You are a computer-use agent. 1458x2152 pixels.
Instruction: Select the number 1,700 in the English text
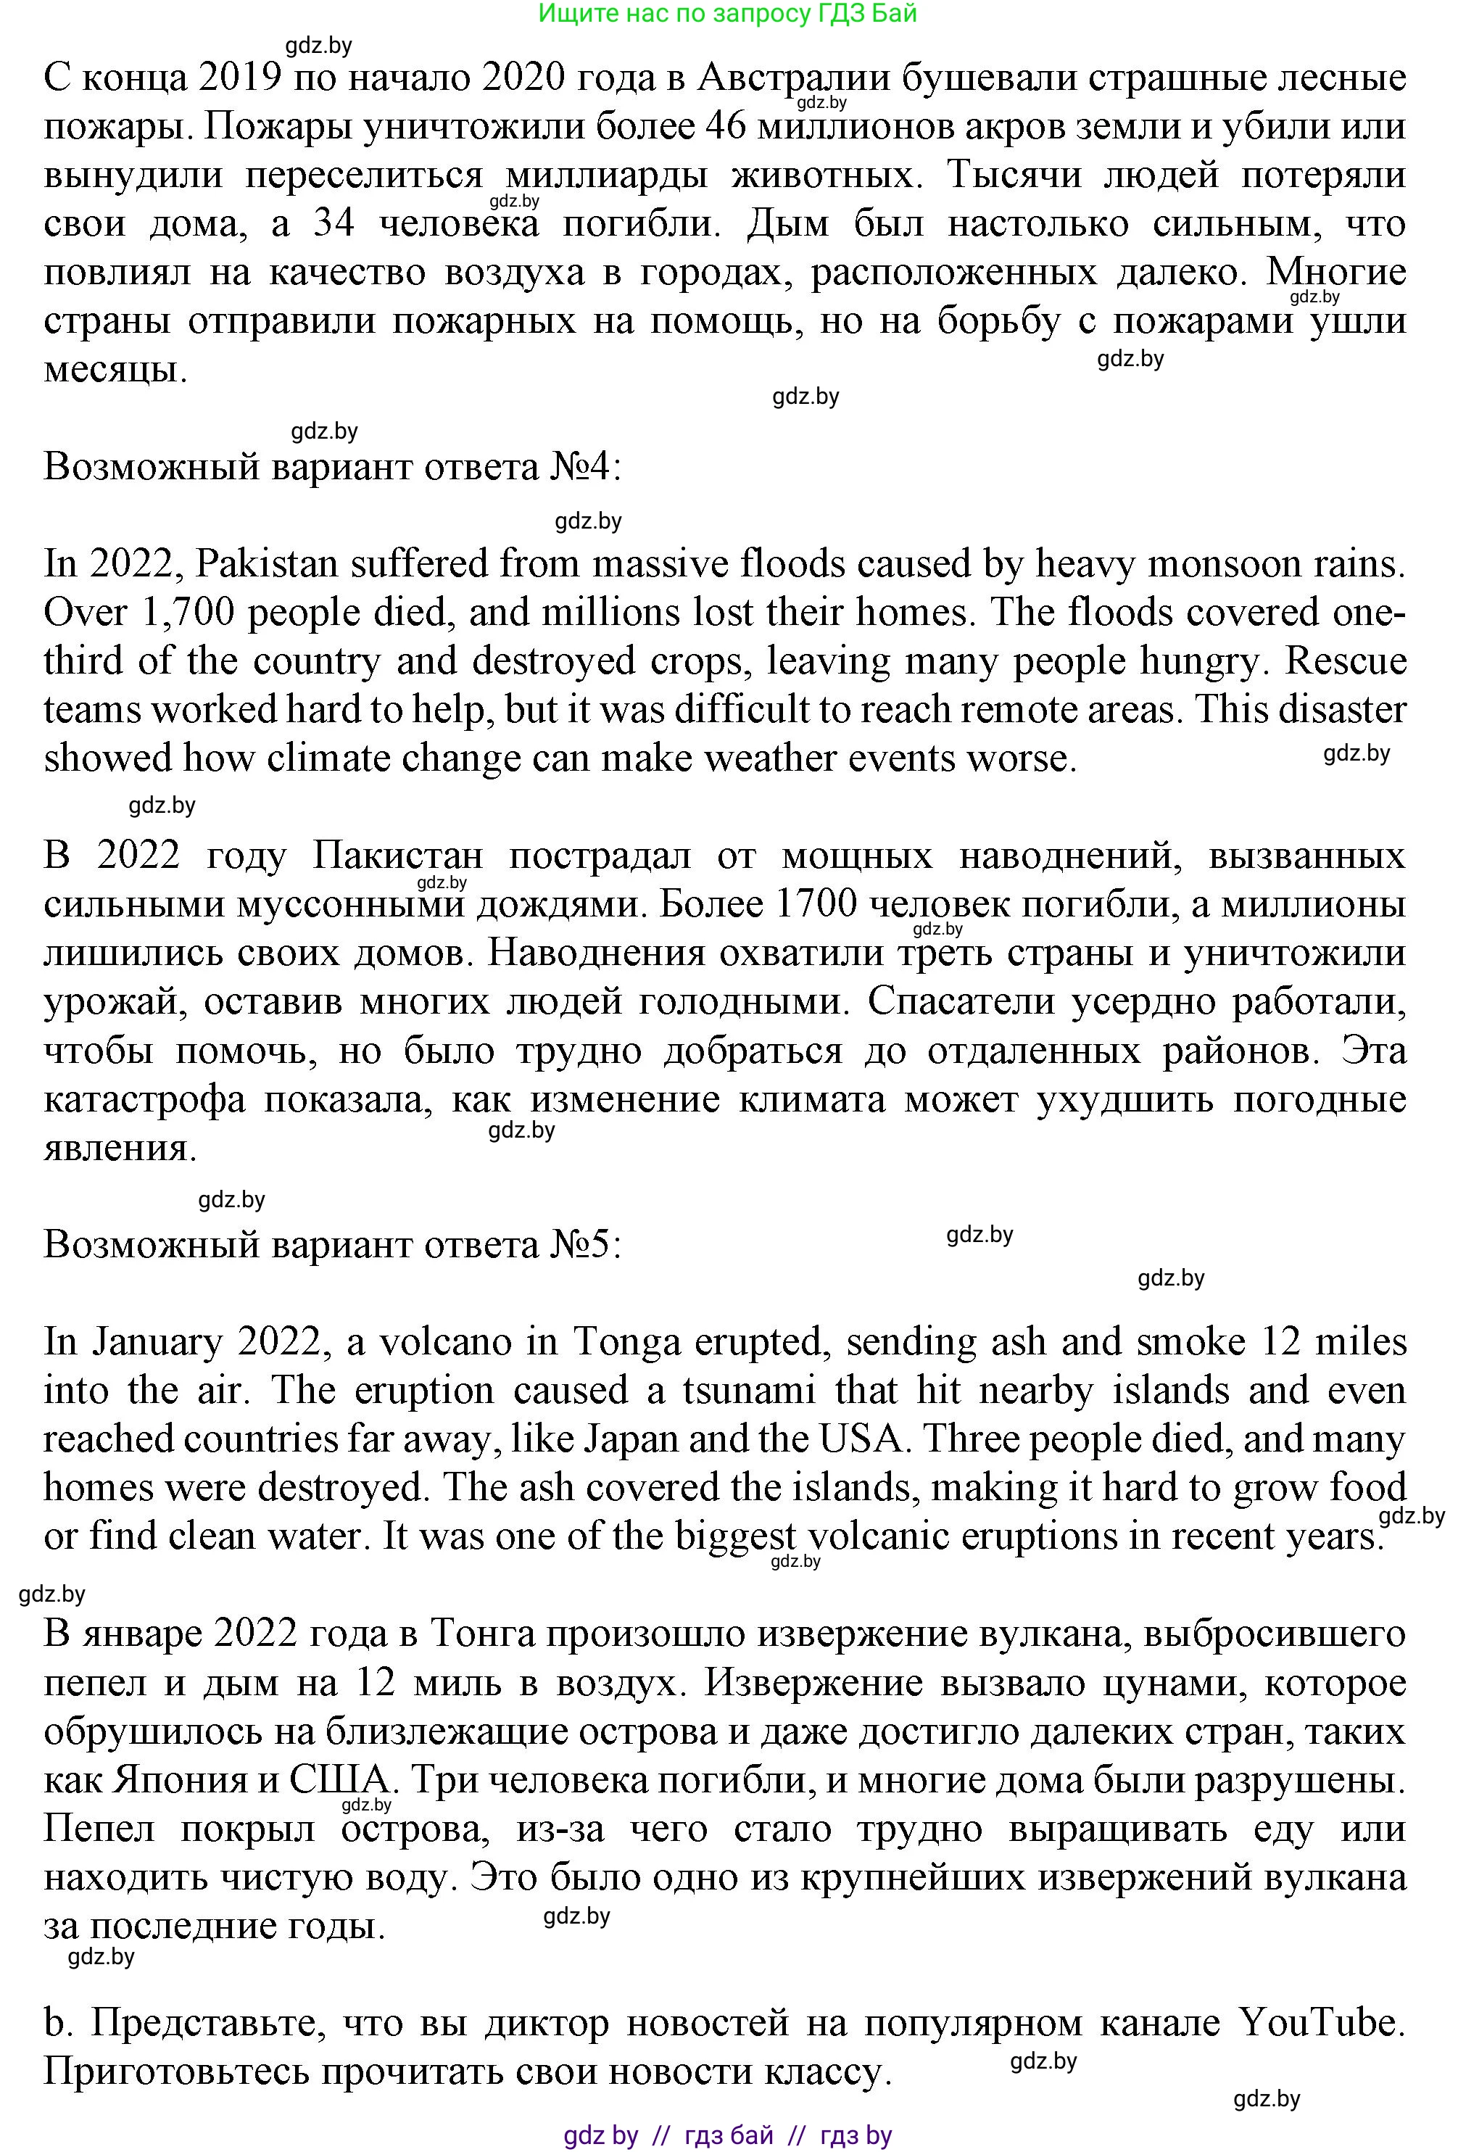pyautogui.click(x=184, y=613)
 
